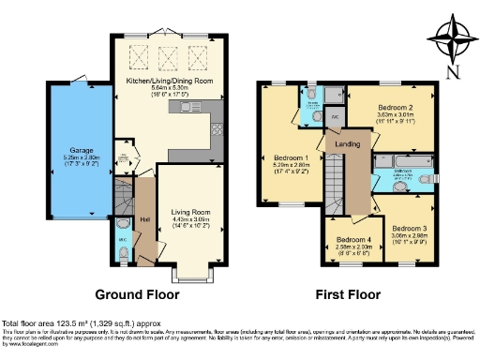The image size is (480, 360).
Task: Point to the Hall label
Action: pyautogui.click(x=144, y=220)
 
